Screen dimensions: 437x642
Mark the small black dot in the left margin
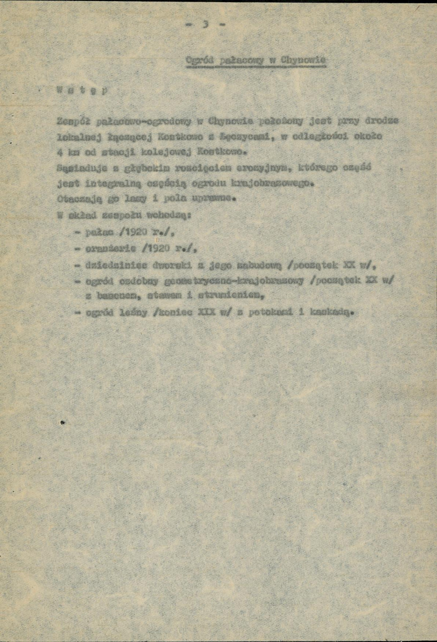click(63, 422)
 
